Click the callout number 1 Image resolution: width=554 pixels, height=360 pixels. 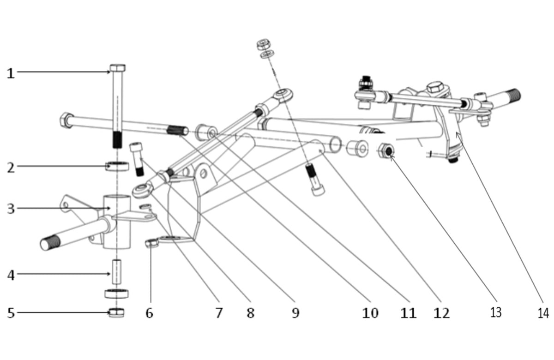coord(10,73)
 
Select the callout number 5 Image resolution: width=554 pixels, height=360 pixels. coord(11,313)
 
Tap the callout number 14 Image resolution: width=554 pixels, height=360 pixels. coord(543,313)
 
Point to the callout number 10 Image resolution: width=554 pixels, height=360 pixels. coord(370,313)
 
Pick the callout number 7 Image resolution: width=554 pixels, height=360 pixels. coord(219,313)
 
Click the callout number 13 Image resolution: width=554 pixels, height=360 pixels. coord(496,312)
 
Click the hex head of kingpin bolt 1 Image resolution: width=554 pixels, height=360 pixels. coord(117,67)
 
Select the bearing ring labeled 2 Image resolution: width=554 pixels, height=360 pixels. coord(117,166)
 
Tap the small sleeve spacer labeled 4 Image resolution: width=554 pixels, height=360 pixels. coord(117,272)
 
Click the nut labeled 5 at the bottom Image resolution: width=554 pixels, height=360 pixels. coord(117,313)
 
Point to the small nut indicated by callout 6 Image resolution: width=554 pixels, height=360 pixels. coord(151,244)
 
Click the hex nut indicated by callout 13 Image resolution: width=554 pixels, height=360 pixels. coord(386,150)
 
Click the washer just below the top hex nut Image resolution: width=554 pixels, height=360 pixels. coord(267,54)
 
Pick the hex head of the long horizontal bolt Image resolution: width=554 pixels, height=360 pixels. coord(66,120)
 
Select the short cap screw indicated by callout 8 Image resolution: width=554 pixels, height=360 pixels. coord(137,159)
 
